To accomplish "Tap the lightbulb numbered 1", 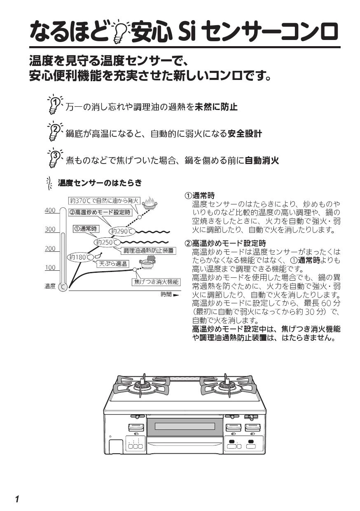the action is (54, 104).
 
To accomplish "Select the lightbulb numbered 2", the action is (54, 131).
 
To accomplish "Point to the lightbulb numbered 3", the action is (54, 158).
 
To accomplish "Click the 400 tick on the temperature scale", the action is (50, 211).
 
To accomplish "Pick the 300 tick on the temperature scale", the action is (50, 230).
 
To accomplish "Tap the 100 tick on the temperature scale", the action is (50, 268).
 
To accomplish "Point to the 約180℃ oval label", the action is (80, 258).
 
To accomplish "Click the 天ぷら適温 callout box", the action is (113, 264).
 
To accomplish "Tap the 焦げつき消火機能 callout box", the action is (156, 282).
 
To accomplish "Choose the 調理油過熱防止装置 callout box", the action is (148, 251).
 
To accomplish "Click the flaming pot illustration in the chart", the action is (150, 202).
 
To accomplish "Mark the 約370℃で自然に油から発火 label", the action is (105, 201).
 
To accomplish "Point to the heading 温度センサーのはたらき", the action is (100, 183).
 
